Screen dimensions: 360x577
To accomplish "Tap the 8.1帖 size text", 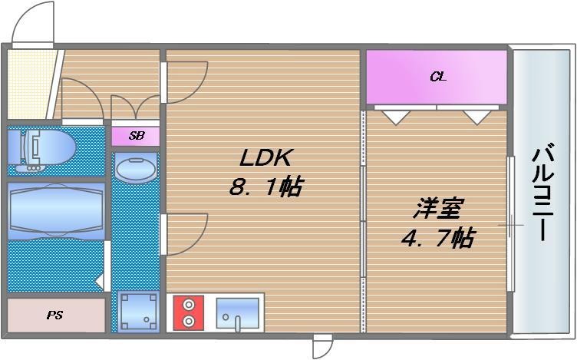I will (264, 187).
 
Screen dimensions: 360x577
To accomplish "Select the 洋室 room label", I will (438, 208).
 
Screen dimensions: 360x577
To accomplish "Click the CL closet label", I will (437, 77).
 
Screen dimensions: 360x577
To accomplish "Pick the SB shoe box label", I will (136, 136).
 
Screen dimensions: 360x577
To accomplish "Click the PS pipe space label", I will (54, 315).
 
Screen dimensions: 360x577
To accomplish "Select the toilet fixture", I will (42, 148).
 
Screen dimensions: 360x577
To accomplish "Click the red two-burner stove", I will (189, 313).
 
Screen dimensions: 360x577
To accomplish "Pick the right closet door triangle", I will (477, 117).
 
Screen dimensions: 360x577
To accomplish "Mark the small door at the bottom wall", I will (323, 346).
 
